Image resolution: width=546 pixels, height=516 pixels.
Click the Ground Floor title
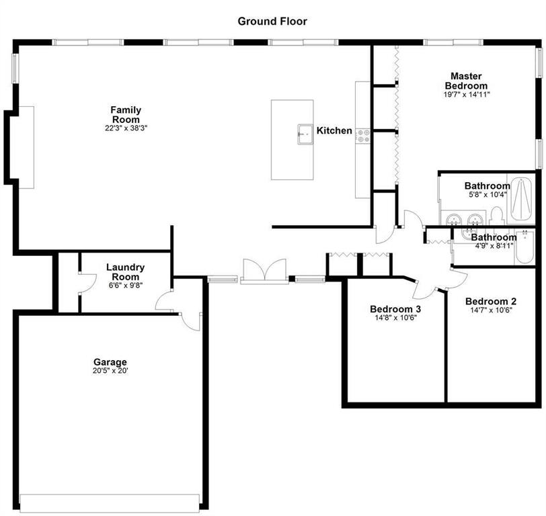tap(272, 21)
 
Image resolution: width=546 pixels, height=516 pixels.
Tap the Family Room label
tap(126, 115)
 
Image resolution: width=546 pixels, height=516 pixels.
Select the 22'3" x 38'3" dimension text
tap(126, 128)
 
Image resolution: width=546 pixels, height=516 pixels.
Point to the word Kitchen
tap(334, 130)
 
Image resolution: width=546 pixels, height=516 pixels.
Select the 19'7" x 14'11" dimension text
tap(466, 95)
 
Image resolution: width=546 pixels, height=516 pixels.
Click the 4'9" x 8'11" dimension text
tap(492, 246)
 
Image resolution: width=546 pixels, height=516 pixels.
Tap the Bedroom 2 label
tap(491, 302)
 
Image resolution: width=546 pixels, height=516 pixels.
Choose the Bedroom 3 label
tap(395, 309)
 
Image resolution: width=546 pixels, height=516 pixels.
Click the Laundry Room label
tap(125, 272)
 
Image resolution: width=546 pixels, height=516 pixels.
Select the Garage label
tap(110, 362)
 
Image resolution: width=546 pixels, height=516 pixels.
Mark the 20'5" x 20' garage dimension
tap(110, 371)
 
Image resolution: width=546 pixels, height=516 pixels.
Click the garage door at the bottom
tap(110, 503)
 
